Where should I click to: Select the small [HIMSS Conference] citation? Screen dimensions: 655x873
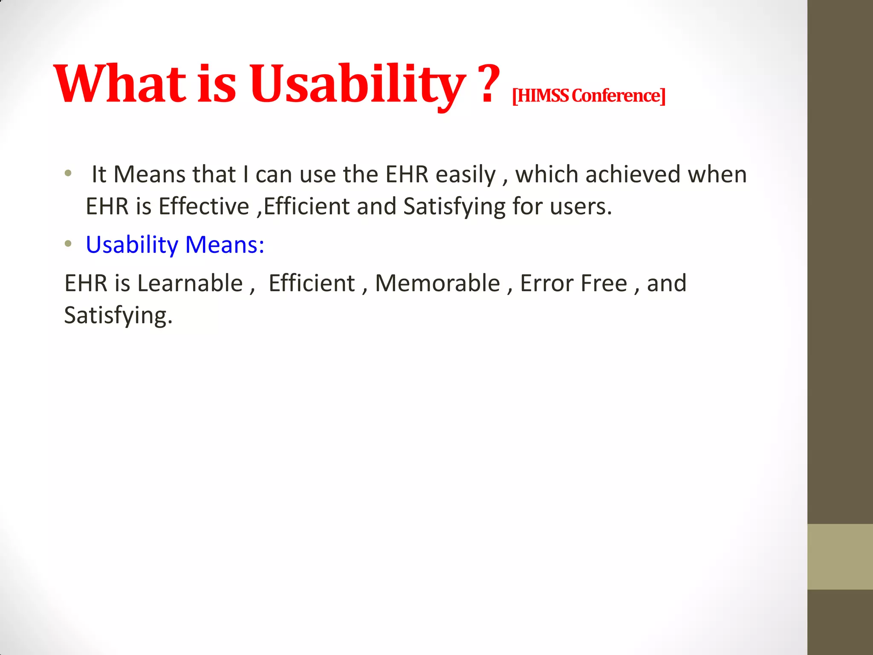tap(588, 96)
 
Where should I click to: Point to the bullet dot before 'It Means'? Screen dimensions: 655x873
tap(68, 174)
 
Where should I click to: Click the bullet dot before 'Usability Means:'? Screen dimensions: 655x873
tap(68, 244)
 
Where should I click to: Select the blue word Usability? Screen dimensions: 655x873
tap(132, 245)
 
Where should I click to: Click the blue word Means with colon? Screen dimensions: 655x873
tap(225, 245)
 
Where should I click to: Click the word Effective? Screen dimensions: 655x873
tap(204, 206)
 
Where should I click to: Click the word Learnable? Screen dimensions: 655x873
tap(190, 283)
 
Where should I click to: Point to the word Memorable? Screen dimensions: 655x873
tap(437, 283)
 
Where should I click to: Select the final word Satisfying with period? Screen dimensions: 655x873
tap(118, 316)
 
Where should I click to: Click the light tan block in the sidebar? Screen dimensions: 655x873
tap(840, 556)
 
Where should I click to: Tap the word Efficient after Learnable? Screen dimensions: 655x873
tap(312, 283)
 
